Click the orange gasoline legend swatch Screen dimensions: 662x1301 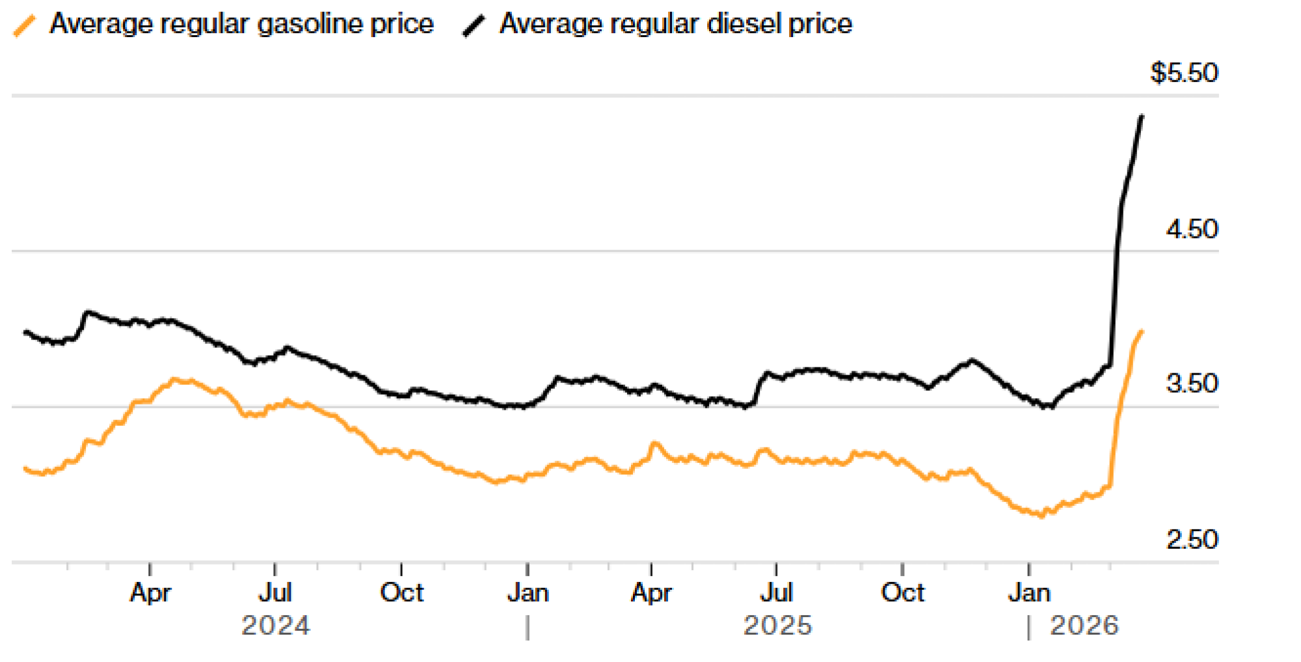coord(25,26)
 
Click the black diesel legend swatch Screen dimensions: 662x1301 coord(474,26)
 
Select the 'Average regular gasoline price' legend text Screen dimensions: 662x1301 coord(241,24)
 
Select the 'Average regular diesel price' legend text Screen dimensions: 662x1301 coord(675,24)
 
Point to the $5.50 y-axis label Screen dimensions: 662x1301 coord(1184,73)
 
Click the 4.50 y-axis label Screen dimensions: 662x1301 coord(1192,230)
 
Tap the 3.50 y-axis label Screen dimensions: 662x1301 coord(1192,384)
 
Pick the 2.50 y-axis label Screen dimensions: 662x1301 coord(1192,540)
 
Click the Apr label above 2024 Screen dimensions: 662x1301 coord(150,592)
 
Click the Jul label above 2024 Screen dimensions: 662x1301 coord(275,592)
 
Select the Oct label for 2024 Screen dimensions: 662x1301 coord(401,592)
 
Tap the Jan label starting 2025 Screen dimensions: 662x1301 coord(528,592)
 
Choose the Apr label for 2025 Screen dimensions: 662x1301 coord(651,592)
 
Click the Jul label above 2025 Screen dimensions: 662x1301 coord(776,592)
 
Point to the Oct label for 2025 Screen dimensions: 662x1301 coord(902,592)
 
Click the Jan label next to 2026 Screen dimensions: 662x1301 coord(1029,592)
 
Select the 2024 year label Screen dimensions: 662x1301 coord(276,626)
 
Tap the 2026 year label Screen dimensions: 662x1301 coord(1084,626)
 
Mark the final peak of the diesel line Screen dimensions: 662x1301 coord(1142,116)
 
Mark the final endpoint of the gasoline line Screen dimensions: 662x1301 coord(1142,332)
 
